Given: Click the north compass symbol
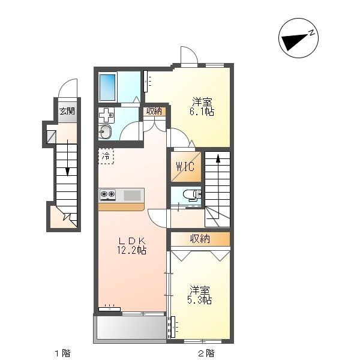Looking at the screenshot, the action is pos(298,38).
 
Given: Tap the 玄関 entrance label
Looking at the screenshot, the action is pos(67,112).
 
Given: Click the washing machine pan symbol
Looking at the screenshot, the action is pos(106,115).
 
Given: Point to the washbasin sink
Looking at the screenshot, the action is pos(105,132).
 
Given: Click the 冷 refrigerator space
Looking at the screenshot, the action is pos(106,157).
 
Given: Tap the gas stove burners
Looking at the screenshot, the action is pos(107,194).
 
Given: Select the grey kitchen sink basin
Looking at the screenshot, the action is pos(132,196).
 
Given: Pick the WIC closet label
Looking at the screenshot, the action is pos(185,166).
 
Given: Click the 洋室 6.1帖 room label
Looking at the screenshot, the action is pos(202,107).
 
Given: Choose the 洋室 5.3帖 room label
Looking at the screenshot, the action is pos(200,295).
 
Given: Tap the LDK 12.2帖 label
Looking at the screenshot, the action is pos(132,245).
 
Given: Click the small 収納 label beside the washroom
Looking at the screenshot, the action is pos(154,112).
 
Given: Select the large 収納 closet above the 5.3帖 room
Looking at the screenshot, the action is pos(200,239).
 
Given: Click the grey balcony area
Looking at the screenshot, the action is pos(130,328).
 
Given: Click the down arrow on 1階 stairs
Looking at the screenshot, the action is pos(67,158).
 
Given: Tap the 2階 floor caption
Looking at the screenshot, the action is pos(206,353).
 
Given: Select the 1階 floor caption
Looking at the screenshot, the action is pos(62,353).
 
